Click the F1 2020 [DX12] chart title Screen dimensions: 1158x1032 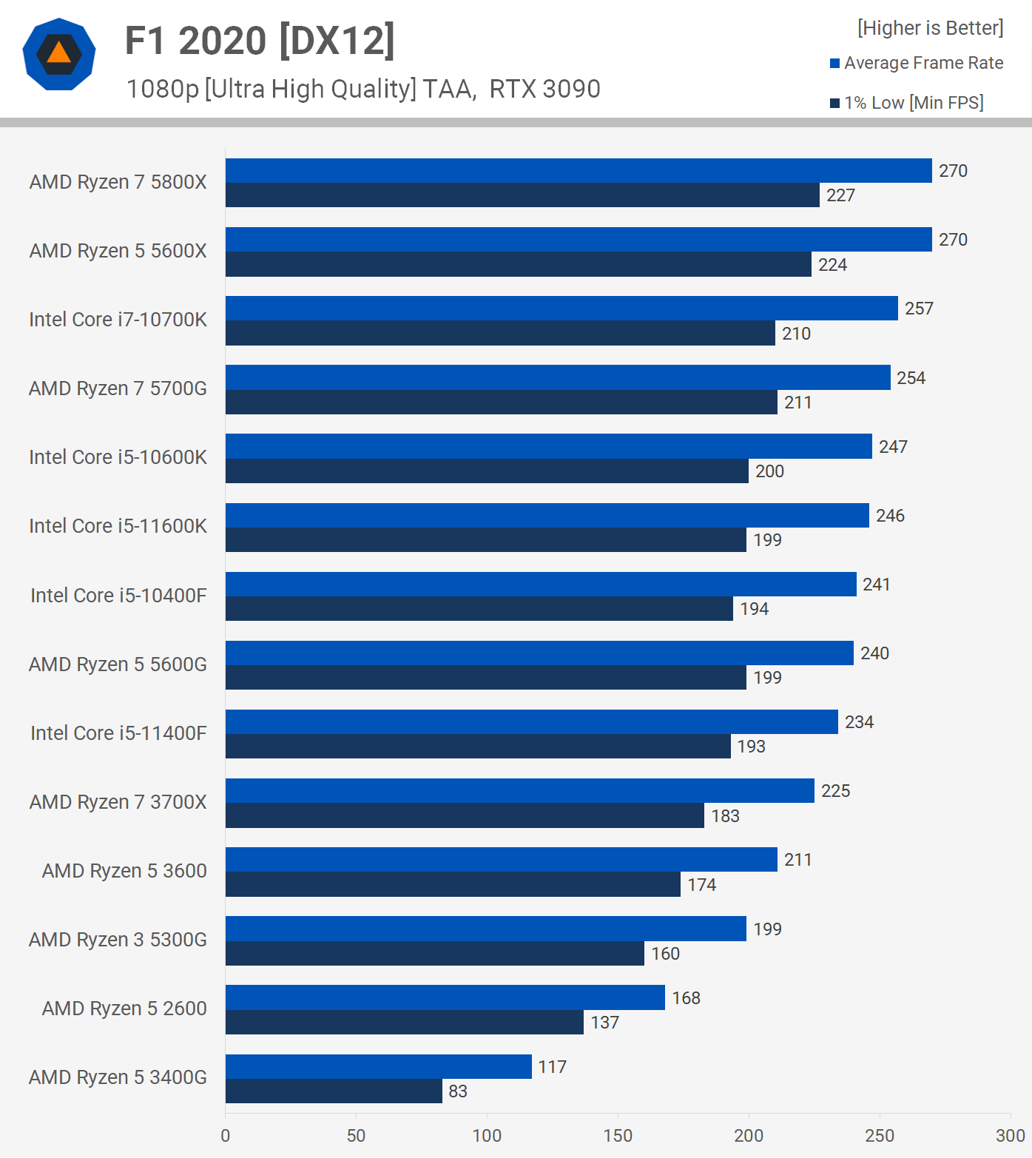(x=260, y=41)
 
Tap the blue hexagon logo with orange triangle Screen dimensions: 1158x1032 (x=59, y=54)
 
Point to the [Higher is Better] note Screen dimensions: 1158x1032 (x=930, y=28)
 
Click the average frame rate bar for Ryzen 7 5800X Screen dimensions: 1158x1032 (x=579, y=171)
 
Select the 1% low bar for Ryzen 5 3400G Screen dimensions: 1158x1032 (x=334, y=1091)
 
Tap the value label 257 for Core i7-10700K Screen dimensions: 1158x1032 (x=919, y=309)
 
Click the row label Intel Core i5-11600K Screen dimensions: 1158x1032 (x=118, y=526)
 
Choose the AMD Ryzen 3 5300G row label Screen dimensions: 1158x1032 (x=118, y=940)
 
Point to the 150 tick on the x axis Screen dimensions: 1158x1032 (x=618, y=1136)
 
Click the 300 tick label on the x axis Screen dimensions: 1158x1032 (x=1010, y=1136)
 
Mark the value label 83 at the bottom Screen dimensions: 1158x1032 (x=458, y=1091)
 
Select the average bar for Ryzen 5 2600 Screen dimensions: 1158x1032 (x=445, y=997)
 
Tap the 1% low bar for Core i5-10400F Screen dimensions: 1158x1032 (x=479, y=609)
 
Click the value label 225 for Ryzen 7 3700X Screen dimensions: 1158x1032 (x=835, y=791)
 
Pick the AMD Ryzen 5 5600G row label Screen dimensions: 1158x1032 (x=118, y=664)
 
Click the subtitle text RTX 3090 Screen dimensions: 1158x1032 (x=544, y=89)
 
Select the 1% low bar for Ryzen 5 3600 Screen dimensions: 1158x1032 (x=453, y=884)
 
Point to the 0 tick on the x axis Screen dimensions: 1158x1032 (x=226, y=1136)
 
